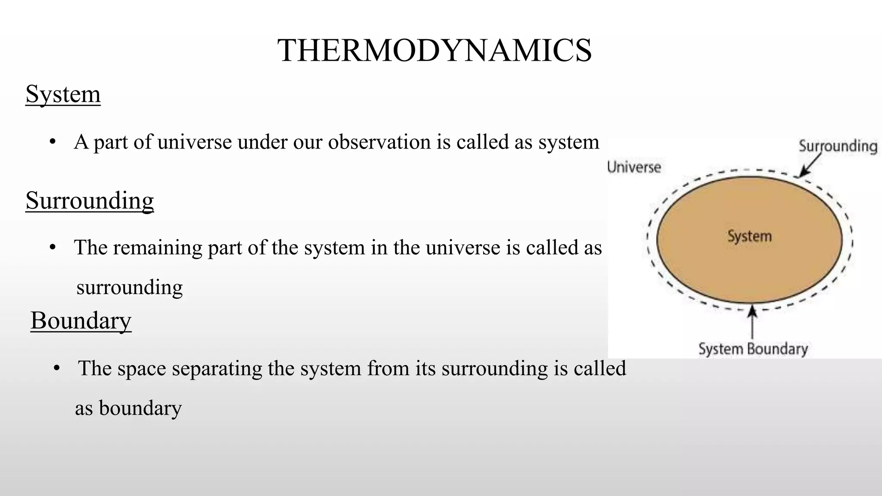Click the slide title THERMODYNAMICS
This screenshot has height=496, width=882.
(435, 50)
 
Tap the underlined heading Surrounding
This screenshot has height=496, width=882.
(90, 200)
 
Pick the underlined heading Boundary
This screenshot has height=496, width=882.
(81, 320)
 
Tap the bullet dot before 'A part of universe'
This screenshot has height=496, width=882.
(53, 142)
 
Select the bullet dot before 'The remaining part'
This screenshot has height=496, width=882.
(53, 248)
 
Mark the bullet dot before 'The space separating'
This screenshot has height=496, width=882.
(56, 369)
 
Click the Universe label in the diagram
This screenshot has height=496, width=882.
(634, 167)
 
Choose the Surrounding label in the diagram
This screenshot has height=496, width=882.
(838, 146)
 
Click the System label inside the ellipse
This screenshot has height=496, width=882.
(749, 236)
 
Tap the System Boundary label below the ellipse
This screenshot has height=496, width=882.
(753, 349)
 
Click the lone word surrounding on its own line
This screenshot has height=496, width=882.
(129, 287)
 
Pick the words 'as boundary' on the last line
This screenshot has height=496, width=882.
(128, 408)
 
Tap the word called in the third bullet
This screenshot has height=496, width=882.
(599, 369)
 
